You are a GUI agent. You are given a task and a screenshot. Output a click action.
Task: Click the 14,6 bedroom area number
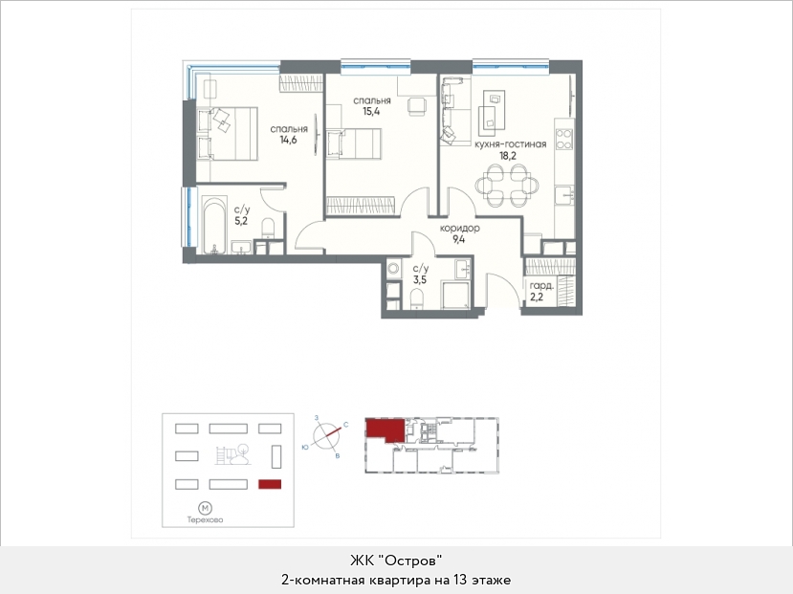[288, 140]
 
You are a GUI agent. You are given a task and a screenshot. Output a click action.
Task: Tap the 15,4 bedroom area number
[371, 111]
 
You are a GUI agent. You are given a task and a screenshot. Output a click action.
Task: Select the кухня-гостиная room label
[510, 144]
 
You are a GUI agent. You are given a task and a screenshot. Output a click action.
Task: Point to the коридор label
[460, 229]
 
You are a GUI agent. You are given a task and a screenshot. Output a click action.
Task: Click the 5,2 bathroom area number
[241, 220]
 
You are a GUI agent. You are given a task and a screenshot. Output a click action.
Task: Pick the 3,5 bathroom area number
[420, 279]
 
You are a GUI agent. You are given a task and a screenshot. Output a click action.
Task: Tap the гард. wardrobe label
[541, 286]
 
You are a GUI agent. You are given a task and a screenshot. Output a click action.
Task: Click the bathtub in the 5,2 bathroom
[214, 226]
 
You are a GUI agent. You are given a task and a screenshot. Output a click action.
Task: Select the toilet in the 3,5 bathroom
[417, 297]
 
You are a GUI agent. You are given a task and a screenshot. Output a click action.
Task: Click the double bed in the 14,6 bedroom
[227, 134]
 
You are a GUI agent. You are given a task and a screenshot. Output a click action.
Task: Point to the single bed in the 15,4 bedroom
[354, 143]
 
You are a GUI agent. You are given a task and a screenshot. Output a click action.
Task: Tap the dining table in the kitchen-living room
[507, 186]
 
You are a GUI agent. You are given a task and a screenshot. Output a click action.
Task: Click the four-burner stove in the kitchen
[564, 139]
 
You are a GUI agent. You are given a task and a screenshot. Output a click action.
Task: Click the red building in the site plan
[270, 484]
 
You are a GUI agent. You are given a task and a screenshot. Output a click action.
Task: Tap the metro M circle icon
[205, 508]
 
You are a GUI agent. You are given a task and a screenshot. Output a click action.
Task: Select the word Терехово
[205, 519]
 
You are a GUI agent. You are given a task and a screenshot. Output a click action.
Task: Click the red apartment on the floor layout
[385, 429]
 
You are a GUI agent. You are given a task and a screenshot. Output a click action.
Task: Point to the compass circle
[327, 436]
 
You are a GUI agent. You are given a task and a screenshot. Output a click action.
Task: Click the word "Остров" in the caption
[410, 561]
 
